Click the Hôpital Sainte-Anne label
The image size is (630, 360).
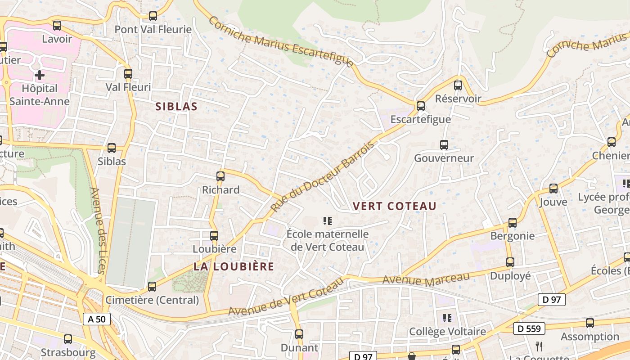tap(40, 94)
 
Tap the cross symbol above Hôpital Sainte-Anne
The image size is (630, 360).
tap(40, 75)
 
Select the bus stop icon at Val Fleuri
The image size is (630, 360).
tap(128, 73)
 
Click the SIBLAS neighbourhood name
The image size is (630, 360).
tap(176, 107)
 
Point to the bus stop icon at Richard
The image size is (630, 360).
tap(220, 176)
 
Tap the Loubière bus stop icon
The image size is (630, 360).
tap(214, 235)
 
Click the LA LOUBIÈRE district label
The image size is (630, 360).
tap(234, 266)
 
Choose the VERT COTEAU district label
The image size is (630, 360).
tap(395, 206)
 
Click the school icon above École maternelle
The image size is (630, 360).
tap(328, 220)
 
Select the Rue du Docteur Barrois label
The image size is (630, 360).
tap(322, 177)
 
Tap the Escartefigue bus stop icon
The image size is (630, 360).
tap(421, 106)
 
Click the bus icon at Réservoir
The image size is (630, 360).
tap(458, 85)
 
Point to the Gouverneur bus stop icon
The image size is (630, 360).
tap(444, 144)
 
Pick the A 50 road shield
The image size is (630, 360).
tap(97, 319)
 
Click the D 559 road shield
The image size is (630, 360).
tap(529, 328)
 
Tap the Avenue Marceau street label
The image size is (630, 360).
tap(426, 279)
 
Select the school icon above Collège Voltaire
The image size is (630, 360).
tap(447, 318)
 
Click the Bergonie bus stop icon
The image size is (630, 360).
tap(513, 222)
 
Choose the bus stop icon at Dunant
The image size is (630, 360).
tap(299, 334)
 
